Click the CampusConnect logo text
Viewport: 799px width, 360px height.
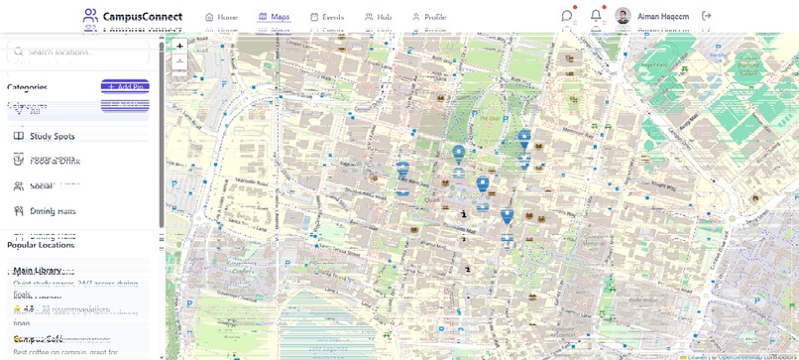click(x=142, y=16)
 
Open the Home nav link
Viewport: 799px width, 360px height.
click(x=221, y=17)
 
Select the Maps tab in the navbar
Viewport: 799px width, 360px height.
click(x=274, y=17)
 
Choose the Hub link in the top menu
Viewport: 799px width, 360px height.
click(x=378, y=17)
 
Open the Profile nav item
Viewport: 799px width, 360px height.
click(x=428, y=17)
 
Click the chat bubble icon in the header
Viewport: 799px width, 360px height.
click(x=567, y=16)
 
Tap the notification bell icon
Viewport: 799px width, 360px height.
click(x=596, y=16)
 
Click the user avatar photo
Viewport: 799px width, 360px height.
click(x=623, y=16)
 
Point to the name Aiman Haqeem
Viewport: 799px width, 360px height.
click(x=663, y=17)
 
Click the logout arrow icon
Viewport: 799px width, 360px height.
click(x=707, y=16)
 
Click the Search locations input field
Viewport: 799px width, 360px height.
click(x=84, y=52)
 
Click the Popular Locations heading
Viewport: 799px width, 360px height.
click(x=41, y=245)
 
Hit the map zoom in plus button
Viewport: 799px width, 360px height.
click(x=179, y=46)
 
